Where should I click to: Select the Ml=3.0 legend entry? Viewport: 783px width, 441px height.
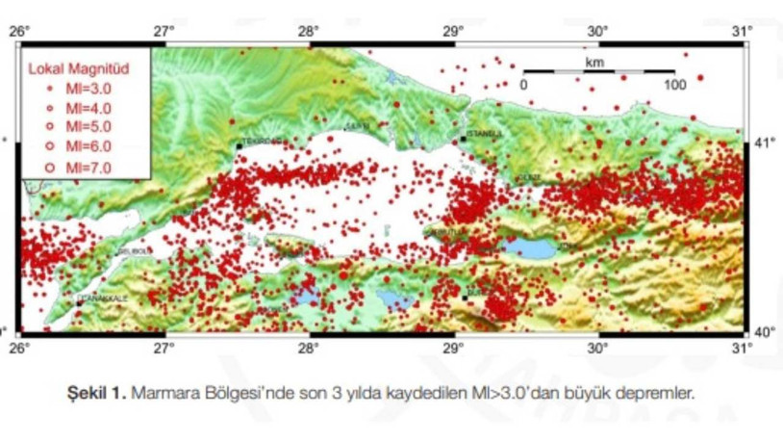click(75, 90)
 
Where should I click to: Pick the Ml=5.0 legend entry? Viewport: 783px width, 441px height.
click(75, 127)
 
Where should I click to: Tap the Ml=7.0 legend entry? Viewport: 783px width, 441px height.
click(75, 168)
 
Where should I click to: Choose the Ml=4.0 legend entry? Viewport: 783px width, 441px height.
click(75, 108)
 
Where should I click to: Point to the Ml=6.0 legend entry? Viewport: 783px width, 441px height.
click(75, 146)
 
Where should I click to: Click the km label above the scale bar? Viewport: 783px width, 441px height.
click(594, 62)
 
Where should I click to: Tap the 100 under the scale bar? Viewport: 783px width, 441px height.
click(674, 85)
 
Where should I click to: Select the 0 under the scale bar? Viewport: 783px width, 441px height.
click(524, 85)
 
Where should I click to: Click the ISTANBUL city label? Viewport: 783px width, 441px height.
click(483, 133)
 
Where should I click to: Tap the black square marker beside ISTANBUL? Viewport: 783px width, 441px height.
click(463, 139)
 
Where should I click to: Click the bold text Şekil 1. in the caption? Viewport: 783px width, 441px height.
click(97, 392)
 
